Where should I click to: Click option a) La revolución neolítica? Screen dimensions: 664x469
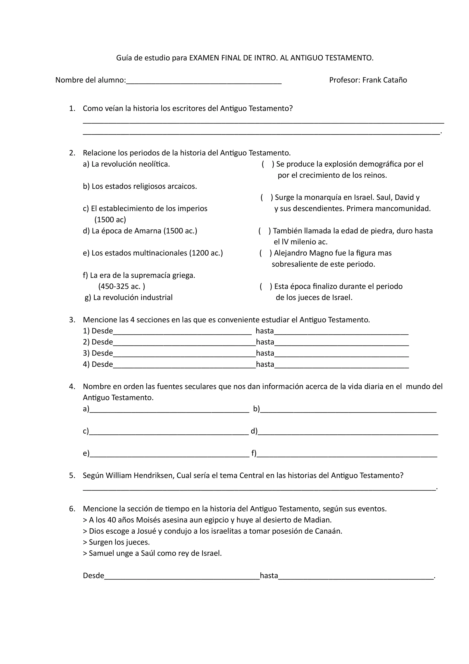pos(126,164)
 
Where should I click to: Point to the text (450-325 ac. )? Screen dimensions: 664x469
pos(122,286)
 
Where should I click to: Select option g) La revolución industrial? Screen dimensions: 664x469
pos(129,298)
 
